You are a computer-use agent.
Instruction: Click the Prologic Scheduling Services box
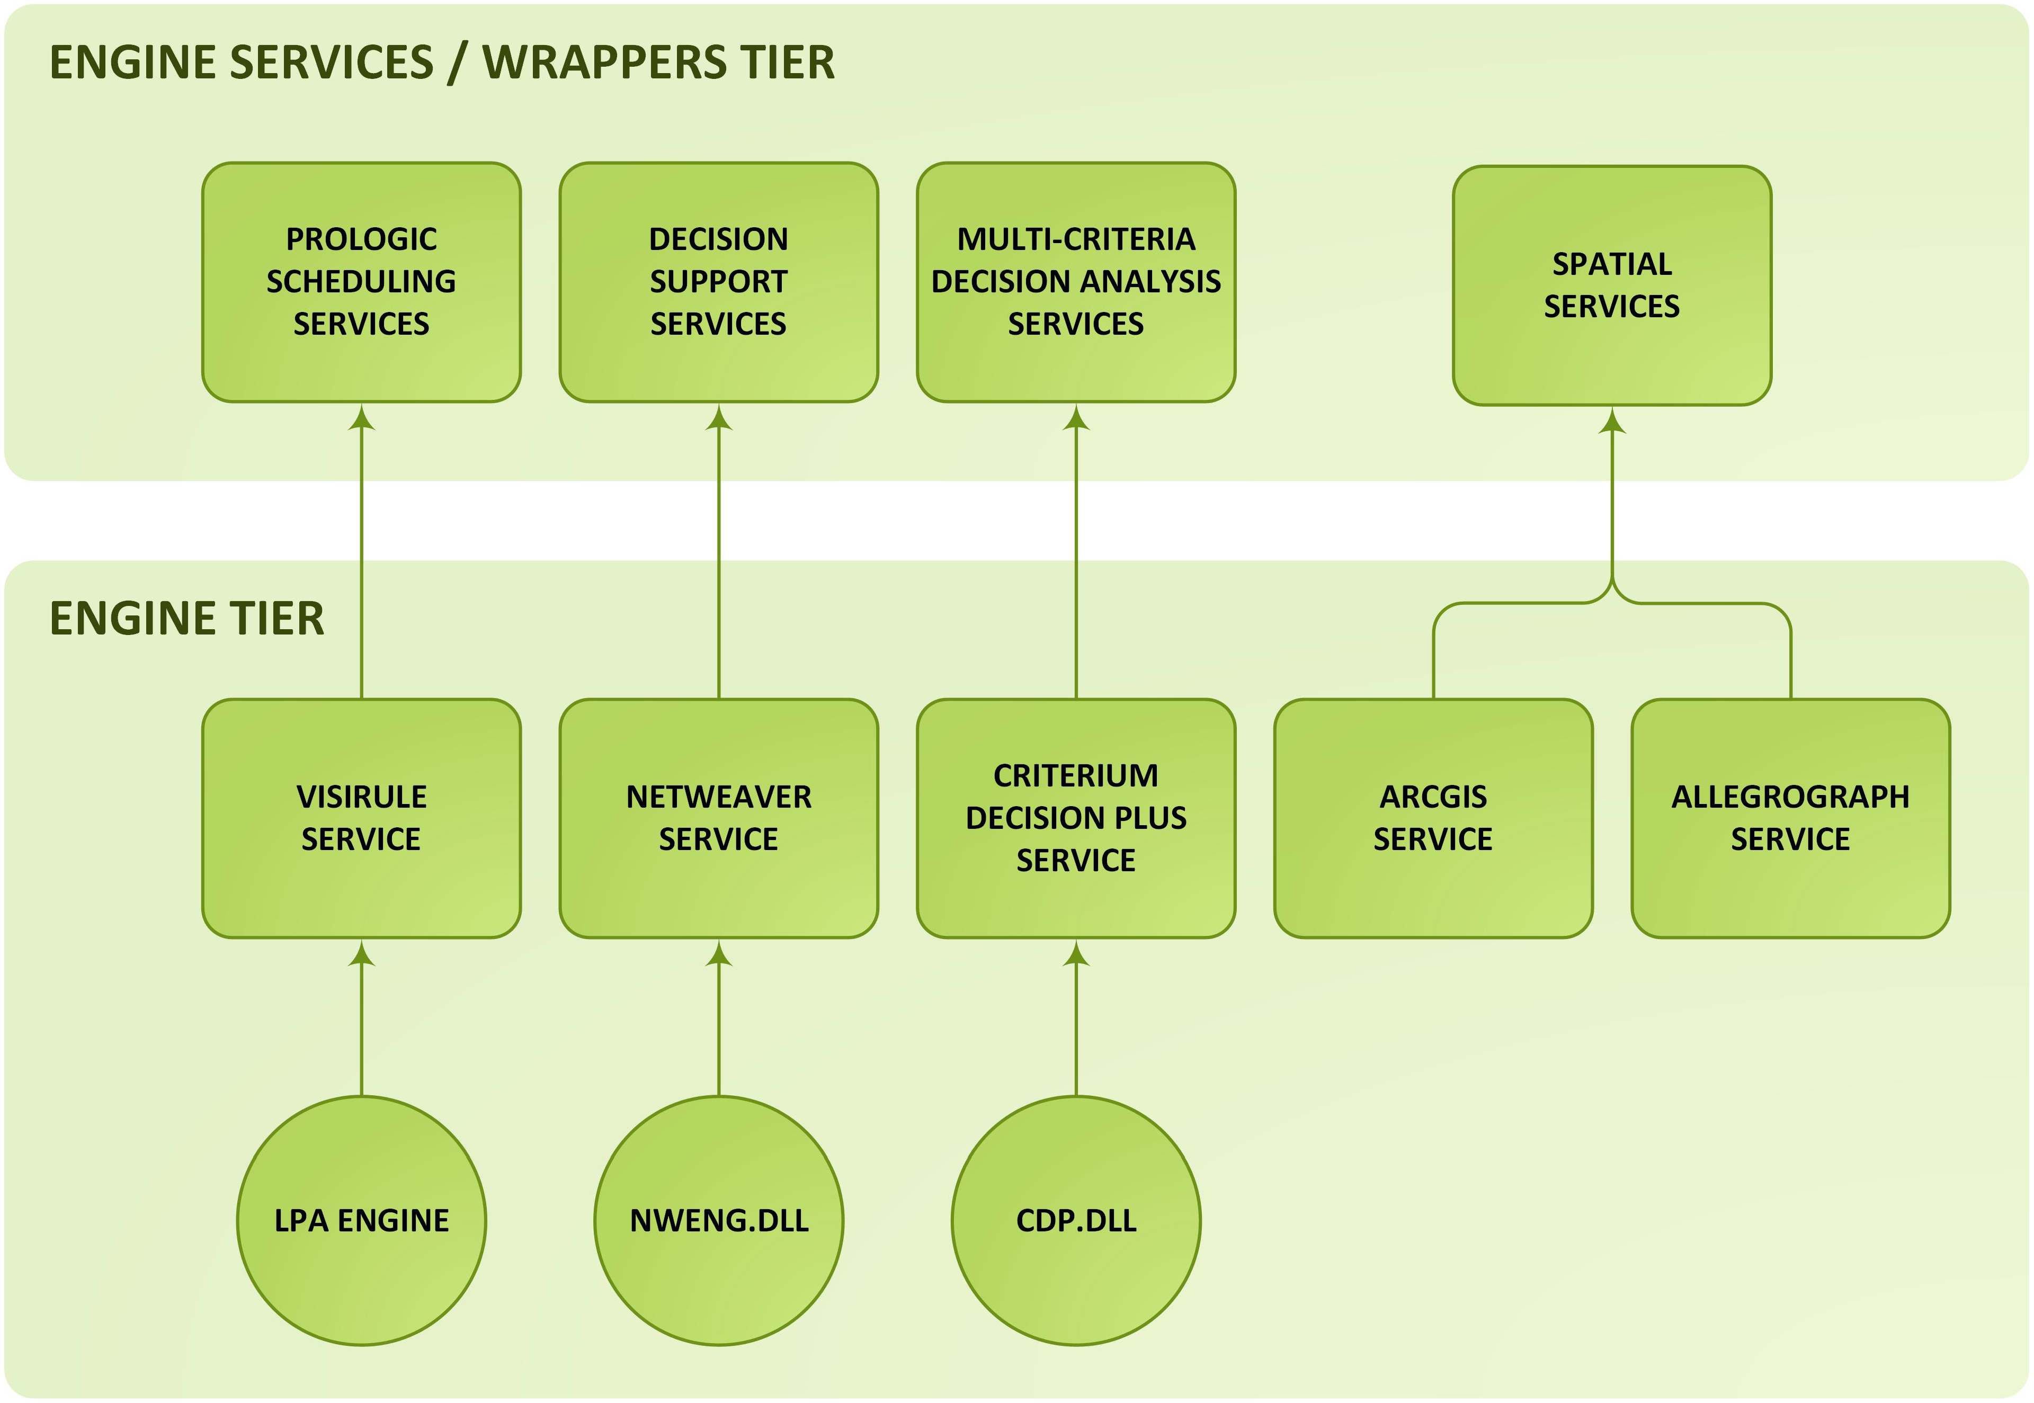361,281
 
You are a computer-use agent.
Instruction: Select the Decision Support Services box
718,281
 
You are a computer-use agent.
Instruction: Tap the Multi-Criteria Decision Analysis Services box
1075,281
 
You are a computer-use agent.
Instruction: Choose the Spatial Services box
1611,285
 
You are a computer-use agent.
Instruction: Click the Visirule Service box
361,818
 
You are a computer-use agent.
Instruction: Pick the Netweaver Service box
718,818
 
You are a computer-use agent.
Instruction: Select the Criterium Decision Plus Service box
1075,818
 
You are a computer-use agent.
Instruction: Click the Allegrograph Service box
1790,818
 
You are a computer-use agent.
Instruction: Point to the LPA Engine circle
361,1220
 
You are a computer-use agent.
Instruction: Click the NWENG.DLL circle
718,1220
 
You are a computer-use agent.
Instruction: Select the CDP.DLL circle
1075,1220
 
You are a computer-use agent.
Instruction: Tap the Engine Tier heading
186,618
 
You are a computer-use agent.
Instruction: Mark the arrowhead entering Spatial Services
1611,422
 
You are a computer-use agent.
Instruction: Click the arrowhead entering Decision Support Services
718,418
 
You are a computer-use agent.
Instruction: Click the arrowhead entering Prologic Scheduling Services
361,418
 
